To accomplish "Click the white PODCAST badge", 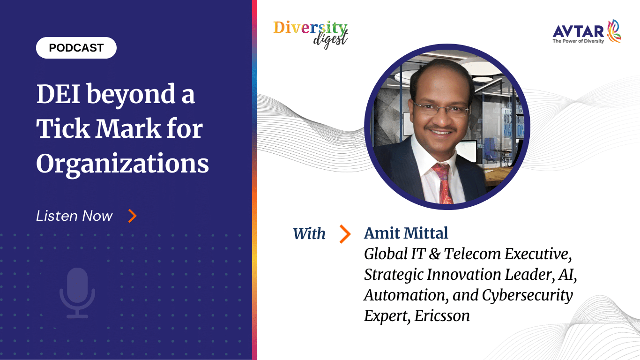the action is [76, 48].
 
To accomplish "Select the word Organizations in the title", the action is [123, 163].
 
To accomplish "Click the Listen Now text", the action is [74, 216].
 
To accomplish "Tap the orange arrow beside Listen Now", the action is [133, 216].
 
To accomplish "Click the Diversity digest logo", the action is [311, 34].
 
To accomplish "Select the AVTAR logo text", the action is [578, 31].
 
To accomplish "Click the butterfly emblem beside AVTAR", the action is [613, 31].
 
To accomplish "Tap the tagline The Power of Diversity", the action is [578, 41].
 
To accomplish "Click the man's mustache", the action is [440, 127].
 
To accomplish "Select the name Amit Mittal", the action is [406, 233].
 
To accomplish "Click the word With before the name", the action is [309, 233].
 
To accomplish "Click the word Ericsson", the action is [442, 316].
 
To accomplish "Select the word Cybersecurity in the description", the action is [528, 295].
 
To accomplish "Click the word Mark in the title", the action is [128, 129].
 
